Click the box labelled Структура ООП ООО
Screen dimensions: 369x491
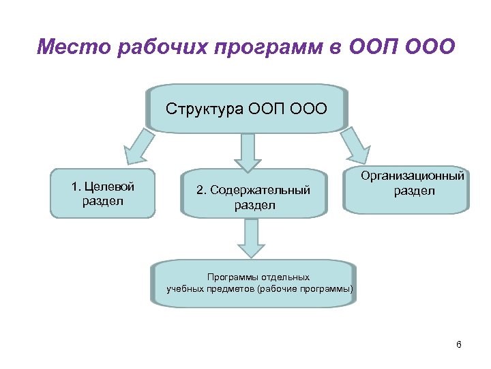tap(247, 108)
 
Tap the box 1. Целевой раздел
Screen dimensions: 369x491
tap(102, 193)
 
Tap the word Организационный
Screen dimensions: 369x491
tap(414, 176)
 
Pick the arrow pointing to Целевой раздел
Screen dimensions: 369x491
tap(135, 147)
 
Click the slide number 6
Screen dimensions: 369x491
tap(459, 344)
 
